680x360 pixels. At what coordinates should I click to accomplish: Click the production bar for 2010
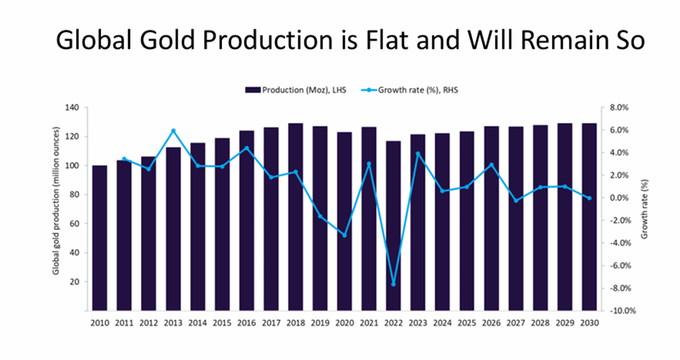[100, 238]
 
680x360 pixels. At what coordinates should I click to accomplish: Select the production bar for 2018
[296, 217]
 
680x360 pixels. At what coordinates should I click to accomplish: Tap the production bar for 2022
[394, 225]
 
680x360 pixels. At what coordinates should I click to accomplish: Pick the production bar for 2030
[589, 217]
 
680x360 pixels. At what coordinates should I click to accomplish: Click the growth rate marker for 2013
[173, 131]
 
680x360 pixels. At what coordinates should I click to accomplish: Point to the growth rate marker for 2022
[394, 284]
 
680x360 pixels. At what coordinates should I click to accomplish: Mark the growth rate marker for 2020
[345, 235]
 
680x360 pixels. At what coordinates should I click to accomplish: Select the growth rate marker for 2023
[418, 154]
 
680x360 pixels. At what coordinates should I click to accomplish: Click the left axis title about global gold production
[56, 208]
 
